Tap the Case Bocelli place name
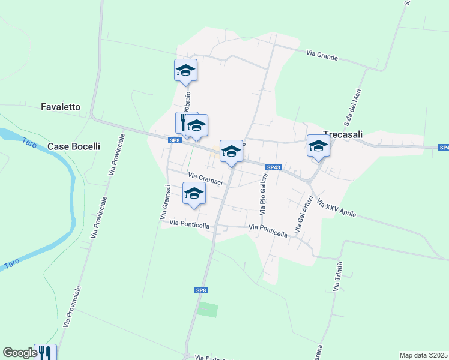(x=73, y=146)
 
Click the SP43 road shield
(x=273, y=167)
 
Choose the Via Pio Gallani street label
(x=263, y=195)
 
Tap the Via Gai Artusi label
(x=303, y=214)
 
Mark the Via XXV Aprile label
(x=337, y=209)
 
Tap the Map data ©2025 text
(x=424, y=355)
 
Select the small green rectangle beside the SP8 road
(x=208, y=310)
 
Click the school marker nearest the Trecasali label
(x=318, y=146)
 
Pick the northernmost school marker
(x=186, y=70)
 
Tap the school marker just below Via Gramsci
(x=194, y=193)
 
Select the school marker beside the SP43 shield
(x=231, y=151)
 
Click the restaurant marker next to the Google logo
(x=44, y=352)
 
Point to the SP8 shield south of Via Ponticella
(x=202, y=290)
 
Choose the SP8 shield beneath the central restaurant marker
(x=175, y=140)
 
